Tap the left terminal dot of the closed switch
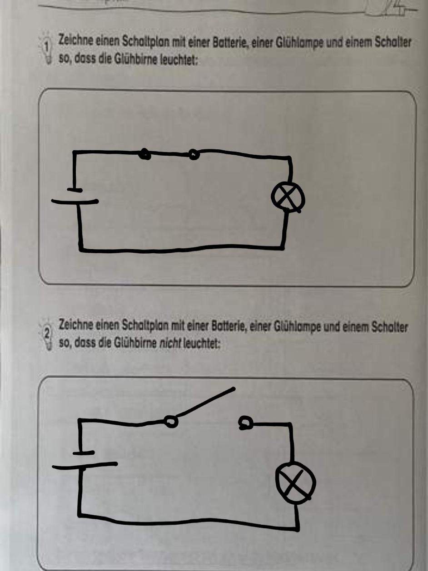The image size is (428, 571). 145,154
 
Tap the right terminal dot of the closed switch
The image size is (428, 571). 194,155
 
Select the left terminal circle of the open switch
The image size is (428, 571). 172,422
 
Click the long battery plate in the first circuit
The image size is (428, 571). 75,202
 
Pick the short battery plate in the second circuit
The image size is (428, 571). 83,453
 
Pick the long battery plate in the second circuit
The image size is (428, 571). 85,465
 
